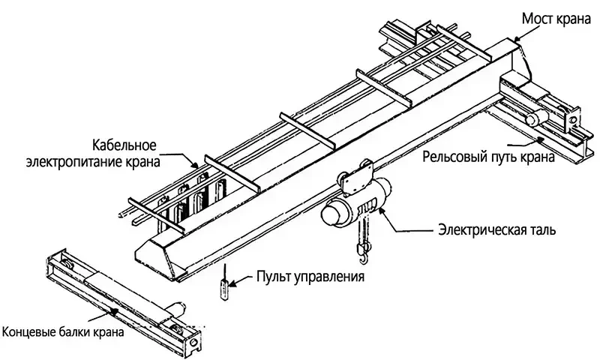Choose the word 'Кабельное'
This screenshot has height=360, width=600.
pyautogui.click(x=124, y=144)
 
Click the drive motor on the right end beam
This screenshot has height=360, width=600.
pyautogui.click(x=535, y=118)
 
